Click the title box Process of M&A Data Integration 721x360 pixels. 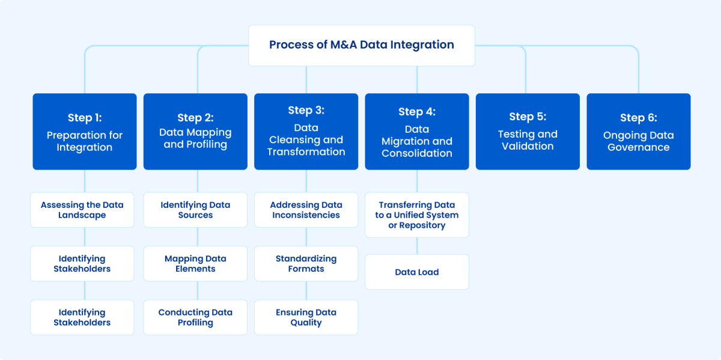[361, 45]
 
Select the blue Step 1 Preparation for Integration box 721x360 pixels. [84, 131]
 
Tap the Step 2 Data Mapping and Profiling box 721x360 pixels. [195, 131]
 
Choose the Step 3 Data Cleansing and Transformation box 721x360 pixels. [306, 131]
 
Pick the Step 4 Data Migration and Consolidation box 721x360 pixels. [417, 131]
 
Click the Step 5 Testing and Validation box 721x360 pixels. [528, 131]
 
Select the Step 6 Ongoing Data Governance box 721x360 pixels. [638, 131]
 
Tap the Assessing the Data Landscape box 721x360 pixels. [82, 210]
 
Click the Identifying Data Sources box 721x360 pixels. [195, 210]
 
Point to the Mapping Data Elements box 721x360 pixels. [195, 264]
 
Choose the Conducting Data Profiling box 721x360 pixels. [195, 317]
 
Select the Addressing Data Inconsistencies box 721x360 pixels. [306, 210]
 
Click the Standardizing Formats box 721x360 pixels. [306, 264]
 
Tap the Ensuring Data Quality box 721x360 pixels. [306, 317]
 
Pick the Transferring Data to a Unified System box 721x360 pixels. [417, 215]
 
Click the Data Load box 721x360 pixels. [417, 272]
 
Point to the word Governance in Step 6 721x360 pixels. [638, 147]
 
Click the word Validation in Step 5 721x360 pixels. [528, 146]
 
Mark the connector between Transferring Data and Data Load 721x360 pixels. [417, 246]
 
